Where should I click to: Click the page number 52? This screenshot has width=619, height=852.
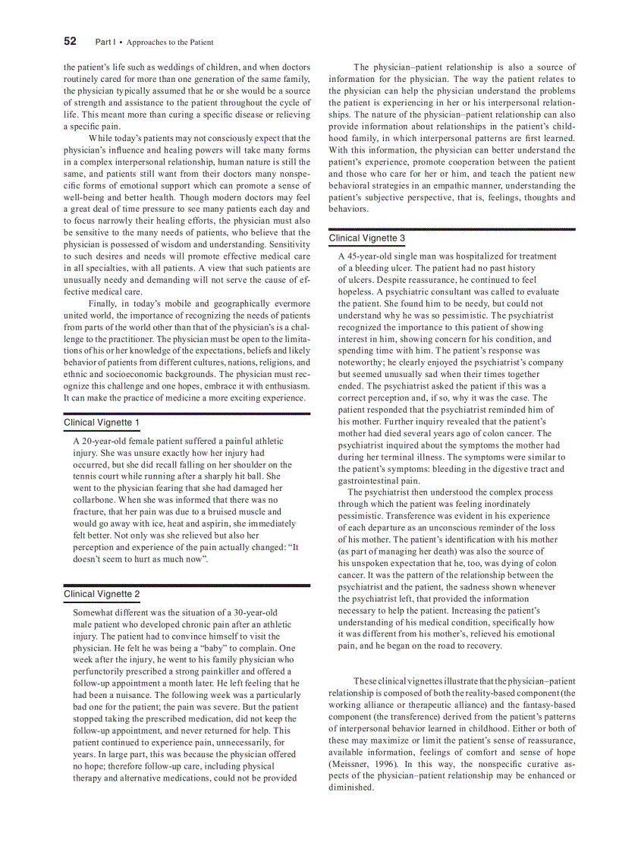click(x=70, y=41)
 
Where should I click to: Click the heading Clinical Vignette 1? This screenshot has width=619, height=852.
click(x=102, y=423)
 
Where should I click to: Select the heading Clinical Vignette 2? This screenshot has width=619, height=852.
click(x=102, y=594)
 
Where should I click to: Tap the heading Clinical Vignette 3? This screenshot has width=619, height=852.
click(x=367, y=238)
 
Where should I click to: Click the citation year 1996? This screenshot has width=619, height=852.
click(x=383, y=764)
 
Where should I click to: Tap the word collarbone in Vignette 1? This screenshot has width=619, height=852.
click(x=96, y=500)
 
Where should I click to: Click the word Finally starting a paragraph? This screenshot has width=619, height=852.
click(x=104, y=303)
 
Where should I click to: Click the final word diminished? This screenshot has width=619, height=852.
click(x=351, y=788)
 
